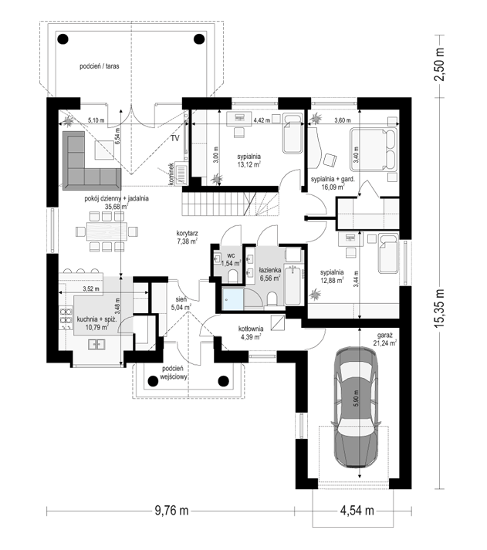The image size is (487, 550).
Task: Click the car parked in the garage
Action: [356, 407]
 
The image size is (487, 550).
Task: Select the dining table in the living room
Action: [107, 231]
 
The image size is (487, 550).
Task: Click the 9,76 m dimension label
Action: [171, 511]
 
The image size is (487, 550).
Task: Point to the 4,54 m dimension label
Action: [357, 511]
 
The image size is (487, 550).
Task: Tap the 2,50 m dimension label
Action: [439, 64]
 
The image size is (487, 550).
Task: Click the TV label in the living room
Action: [175, 138]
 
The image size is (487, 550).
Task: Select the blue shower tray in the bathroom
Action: [232, 299]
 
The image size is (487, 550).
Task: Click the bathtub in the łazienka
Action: [294, 285]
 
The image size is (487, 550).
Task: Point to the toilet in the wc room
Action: [232, 276]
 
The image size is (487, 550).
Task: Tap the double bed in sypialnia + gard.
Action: [374, 150]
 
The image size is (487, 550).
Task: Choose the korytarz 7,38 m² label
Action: [187, 237]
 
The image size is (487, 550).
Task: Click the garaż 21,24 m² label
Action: [385, 339]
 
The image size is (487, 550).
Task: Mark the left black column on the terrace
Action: [63, 39]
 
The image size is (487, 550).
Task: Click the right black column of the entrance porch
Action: [224, 380]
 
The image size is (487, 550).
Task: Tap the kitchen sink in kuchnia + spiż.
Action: [96, 345]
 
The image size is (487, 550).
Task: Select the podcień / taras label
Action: [100, 66]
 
